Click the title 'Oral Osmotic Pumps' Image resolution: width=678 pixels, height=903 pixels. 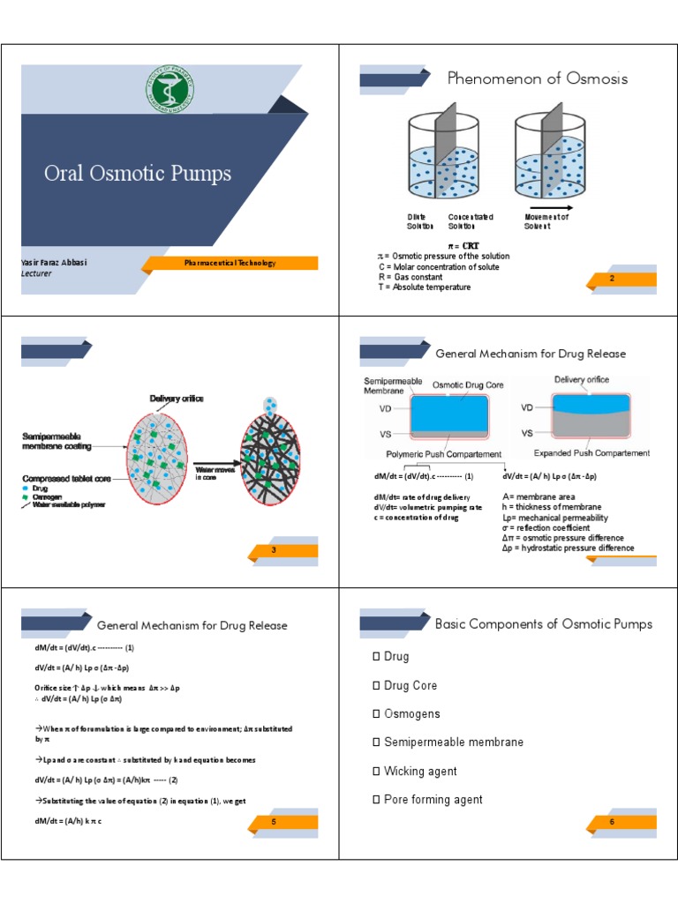138,173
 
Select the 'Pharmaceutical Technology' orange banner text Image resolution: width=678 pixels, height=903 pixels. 230,263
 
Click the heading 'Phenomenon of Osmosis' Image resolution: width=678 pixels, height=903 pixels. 538,78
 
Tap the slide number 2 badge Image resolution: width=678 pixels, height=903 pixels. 612,279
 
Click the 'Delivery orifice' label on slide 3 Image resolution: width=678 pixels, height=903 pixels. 177,399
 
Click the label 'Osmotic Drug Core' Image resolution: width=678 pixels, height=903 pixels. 469,385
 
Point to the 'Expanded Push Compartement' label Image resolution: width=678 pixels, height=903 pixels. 591,453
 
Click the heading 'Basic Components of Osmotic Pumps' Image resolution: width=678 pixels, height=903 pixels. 543,624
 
